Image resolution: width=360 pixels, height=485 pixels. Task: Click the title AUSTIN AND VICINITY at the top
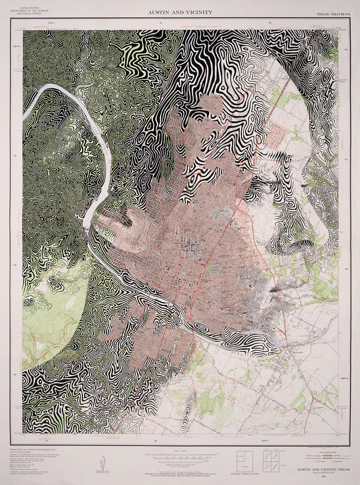[x=180, y=12]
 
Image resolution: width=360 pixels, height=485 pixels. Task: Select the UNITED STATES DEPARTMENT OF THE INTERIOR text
[x=29, y=9]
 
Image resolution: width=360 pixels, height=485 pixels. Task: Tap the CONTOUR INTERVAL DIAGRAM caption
[x=244, y=474]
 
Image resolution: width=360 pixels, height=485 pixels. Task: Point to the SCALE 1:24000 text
[x=180, y=451]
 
